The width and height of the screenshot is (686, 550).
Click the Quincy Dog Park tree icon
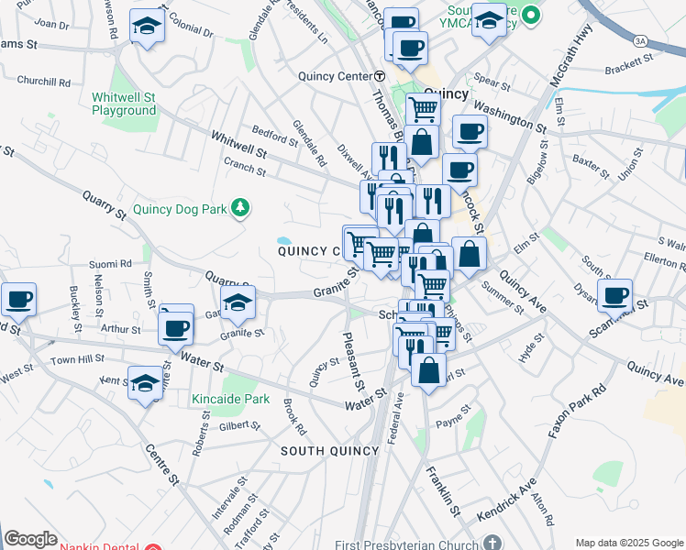(x=240, y=208)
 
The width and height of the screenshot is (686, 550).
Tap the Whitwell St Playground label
(x=124, y=104)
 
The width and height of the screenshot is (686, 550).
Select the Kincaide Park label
(x=230, y=399)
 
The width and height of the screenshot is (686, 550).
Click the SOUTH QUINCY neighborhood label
(x=329, y=451)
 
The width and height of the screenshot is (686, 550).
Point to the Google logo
(x=30, y=539)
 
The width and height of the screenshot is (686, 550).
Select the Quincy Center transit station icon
(x=379, y=76)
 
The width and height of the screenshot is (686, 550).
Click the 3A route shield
(x=640, y=40)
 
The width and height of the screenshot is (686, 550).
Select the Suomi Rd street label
(x=111, y=264)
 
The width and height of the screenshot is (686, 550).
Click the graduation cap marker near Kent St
(x=146, y=383)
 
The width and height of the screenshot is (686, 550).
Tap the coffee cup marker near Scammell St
(x=614, y=295)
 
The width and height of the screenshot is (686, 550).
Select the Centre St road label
(x=161, y=465)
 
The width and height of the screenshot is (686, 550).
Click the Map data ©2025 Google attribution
(x=627, y=542)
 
